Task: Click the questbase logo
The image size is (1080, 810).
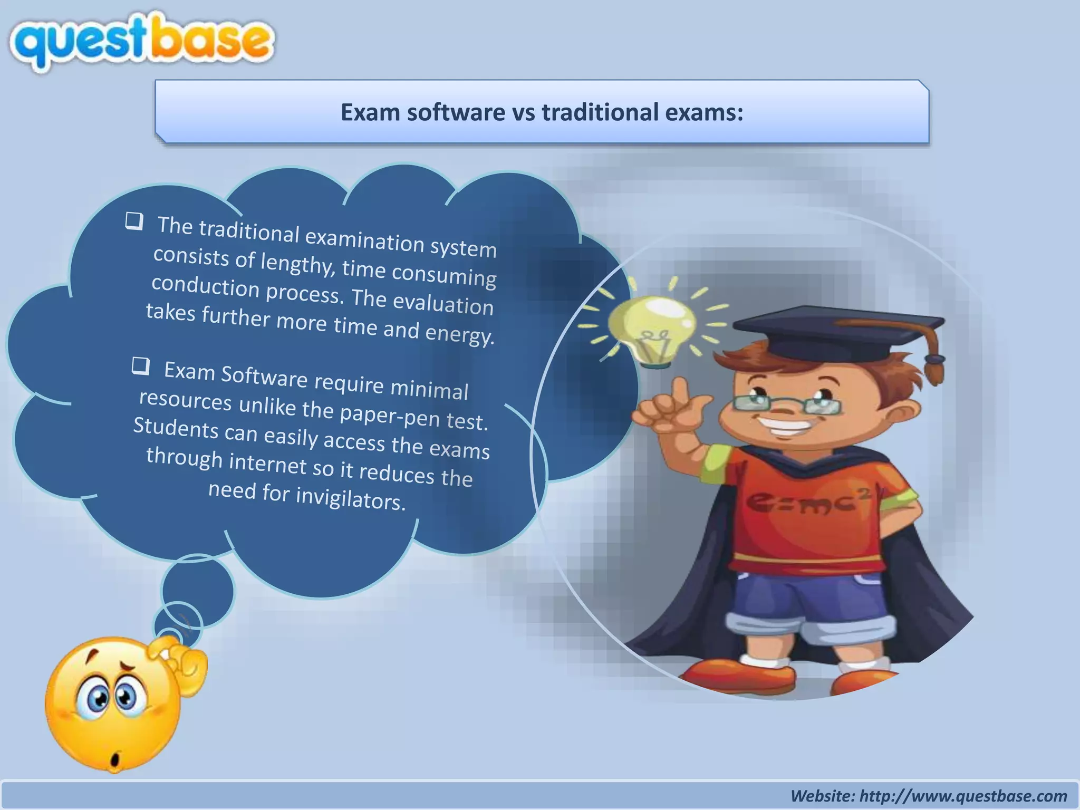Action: coord(141,42)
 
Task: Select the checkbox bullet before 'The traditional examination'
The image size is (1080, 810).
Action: coord(134,221)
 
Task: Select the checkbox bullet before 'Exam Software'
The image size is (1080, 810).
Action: coord(140,365)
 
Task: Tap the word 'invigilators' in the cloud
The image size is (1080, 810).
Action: coord(351,499)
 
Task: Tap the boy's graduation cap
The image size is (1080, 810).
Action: coord(844,332)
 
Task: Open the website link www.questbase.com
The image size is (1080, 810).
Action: coord(963,796)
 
